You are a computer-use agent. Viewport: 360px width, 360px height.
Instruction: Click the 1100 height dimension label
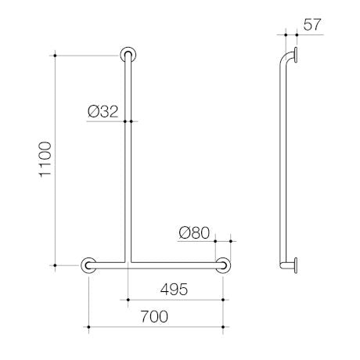point(45,160)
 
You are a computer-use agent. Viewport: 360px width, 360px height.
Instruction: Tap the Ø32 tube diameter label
point(103,112)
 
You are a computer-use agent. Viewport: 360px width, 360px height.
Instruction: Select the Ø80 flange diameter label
point(194,232)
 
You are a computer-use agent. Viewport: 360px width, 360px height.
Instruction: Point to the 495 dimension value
point(174,289)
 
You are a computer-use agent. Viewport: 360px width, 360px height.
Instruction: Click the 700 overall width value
point(154,316)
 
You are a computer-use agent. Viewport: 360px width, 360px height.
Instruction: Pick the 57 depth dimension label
point(312,25)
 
